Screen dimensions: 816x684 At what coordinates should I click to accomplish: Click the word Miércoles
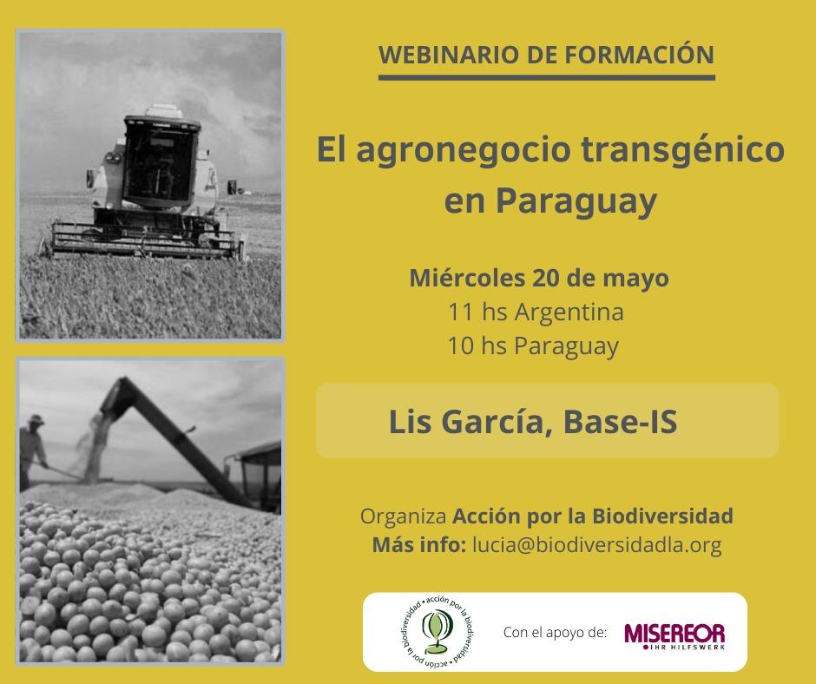(467, 278)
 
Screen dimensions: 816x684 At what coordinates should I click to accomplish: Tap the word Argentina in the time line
(569, 312)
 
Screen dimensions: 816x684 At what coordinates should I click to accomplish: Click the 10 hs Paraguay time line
(533, 346)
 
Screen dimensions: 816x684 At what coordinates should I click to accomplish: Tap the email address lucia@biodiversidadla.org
(597, 544)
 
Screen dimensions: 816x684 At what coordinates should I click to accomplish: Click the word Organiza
(404, 516)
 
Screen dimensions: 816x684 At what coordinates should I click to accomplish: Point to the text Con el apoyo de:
(555, 633)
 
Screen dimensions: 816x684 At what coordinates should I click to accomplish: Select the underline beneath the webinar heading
(546, 78)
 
